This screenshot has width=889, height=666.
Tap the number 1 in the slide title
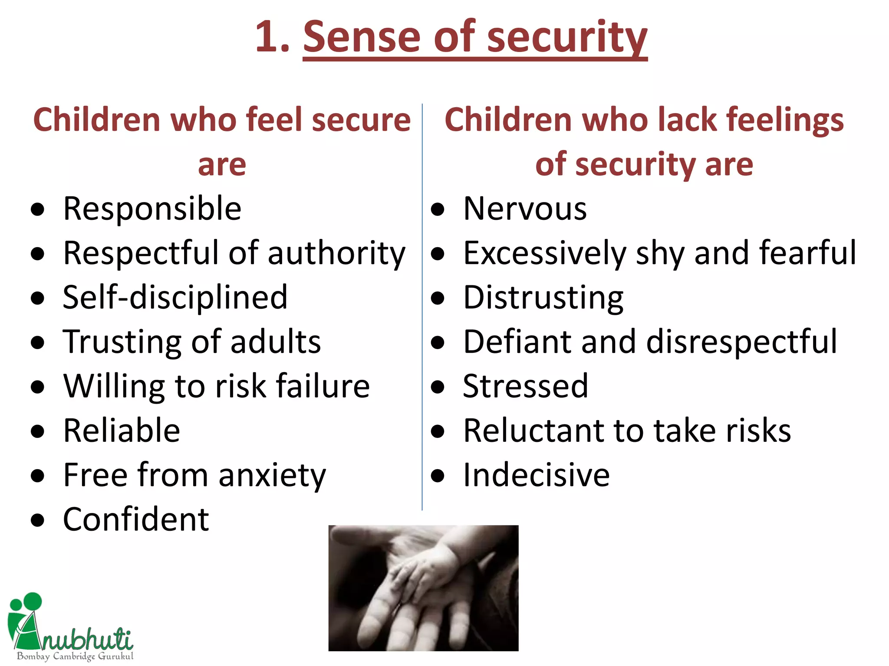click(x=267, y=38)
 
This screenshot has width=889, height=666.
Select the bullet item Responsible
click(x=152, y=209)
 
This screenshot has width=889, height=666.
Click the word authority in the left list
click(x=336, y=254)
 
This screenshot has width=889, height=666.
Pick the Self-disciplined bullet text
click(x=175, y=298)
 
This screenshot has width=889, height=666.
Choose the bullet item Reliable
click(x=122, y=431)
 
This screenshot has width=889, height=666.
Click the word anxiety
click(x=272, y=476)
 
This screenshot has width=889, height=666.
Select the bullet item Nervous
click(x=525, y=209)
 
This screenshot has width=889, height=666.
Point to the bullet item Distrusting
click(x=543, y=298)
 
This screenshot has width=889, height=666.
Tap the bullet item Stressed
click(x=525, y=387)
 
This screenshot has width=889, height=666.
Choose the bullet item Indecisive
click(x=536, y=476)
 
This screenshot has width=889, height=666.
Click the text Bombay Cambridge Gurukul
click(x=75, y=656)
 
